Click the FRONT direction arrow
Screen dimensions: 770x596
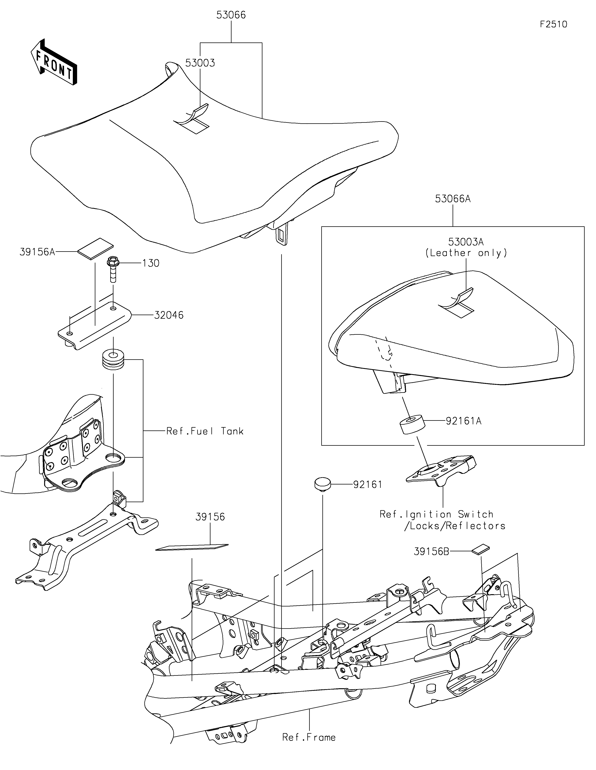click(54, 62)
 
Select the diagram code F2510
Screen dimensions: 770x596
click(553, 24)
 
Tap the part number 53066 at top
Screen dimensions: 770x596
click(231, 15)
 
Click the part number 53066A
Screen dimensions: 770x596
click(453, 199)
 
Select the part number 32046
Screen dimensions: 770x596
click(169, 315)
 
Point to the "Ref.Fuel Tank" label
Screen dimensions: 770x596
click(205, 431)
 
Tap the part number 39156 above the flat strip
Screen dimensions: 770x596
click(210, 517)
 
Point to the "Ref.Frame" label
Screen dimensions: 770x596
click(309, 737)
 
